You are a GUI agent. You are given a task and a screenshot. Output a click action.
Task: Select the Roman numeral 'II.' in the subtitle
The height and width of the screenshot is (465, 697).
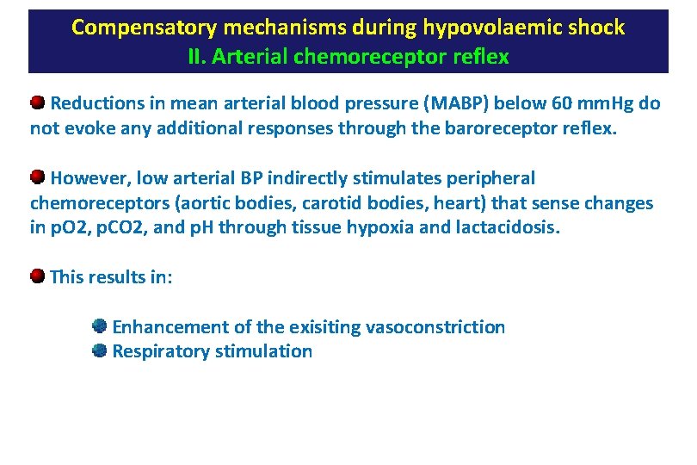click(x=200, y=58)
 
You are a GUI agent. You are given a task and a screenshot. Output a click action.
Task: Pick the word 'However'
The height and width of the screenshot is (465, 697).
click(x=87, y=179)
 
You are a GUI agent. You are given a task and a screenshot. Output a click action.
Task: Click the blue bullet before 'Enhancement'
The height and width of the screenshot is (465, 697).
click(x=100, y=326)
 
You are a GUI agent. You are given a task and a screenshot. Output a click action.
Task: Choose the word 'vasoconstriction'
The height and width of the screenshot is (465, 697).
click(x=435, y=327)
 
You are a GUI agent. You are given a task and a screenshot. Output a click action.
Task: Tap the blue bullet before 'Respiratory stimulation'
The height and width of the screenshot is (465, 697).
click(x=100, y=350)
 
